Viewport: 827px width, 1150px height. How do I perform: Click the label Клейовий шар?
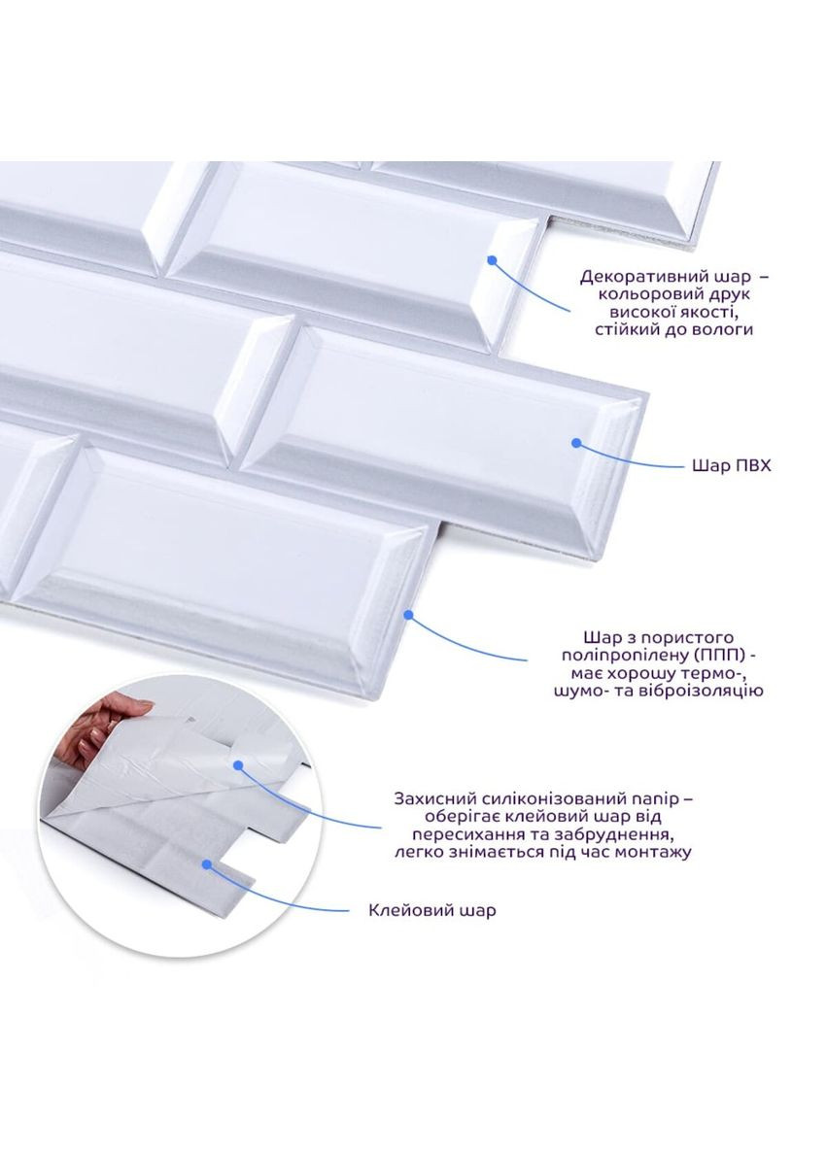[431, 910]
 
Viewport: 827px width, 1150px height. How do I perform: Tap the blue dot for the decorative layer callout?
[492, 259]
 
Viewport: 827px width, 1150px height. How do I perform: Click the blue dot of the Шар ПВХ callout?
[576, 443]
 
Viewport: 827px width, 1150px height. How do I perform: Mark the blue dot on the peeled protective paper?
[238, 765]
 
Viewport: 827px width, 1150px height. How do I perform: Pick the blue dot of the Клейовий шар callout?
[207, 864]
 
